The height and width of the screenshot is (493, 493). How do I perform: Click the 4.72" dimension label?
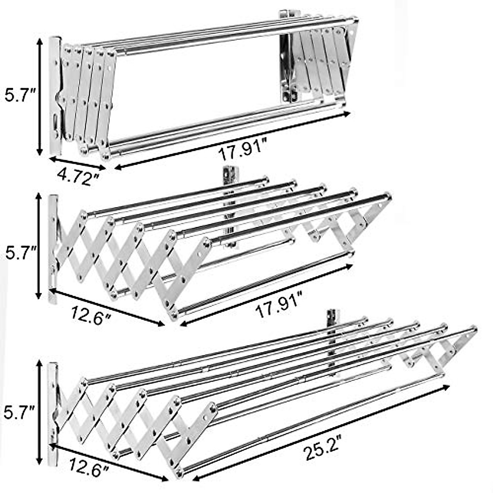point(78,177)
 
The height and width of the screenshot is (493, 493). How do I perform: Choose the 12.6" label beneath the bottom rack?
point(88,468)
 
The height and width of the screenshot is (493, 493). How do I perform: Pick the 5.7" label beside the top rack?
point(19,97)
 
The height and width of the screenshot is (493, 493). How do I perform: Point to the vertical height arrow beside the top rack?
point(39,97)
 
